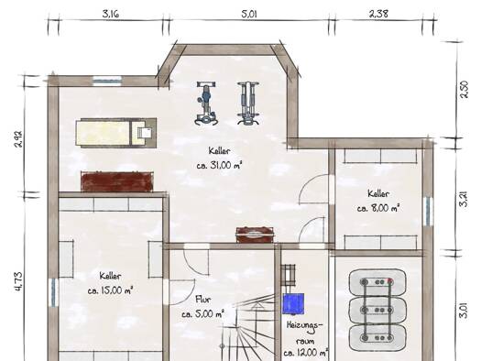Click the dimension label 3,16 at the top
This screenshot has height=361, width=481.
(x=111, y=14)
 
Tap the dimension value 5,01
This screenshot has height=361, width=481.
(x=249, y=14)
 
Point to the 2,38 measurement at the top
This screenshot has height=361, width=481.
(x=378, y=14)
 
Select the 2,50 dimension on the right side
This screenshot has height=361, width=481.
(x=465, y=89)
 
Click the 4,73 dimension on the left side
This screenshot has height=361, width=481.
(x=18, y=281)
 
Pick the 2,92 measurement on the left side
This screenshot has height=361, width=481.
(x=18, y=139)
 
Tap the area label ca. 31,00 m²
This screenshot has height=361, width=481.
(x=219, y=166)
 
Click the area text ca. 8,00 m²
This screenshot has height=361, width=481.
(x=378, y=208)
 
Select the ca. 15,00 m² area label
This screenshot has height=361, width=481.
(x=110, y=290)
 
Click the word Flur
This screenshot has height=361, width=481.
(x=203, y=300)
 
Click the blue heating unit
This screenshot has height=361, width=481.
(x=293, y=303)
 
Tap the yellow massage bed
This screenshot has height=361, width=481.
(x=116, y=133)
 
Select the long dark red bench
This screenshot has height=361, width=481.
(x=117, y=181)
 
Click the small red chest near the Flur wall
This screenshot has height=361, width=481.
(x=255, y=235)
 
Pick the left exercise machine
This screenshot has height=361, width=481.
(x=206, y=103)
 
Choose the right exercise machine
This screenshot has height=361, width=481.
(x=248, y=103)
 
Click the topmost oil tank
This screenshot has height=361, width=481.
(x=377, y=283)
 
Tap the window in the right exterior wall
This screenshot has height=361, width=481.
(x=427, y=212)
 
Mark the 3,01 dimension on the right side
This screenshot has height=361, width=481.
(x=465, y=311)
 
